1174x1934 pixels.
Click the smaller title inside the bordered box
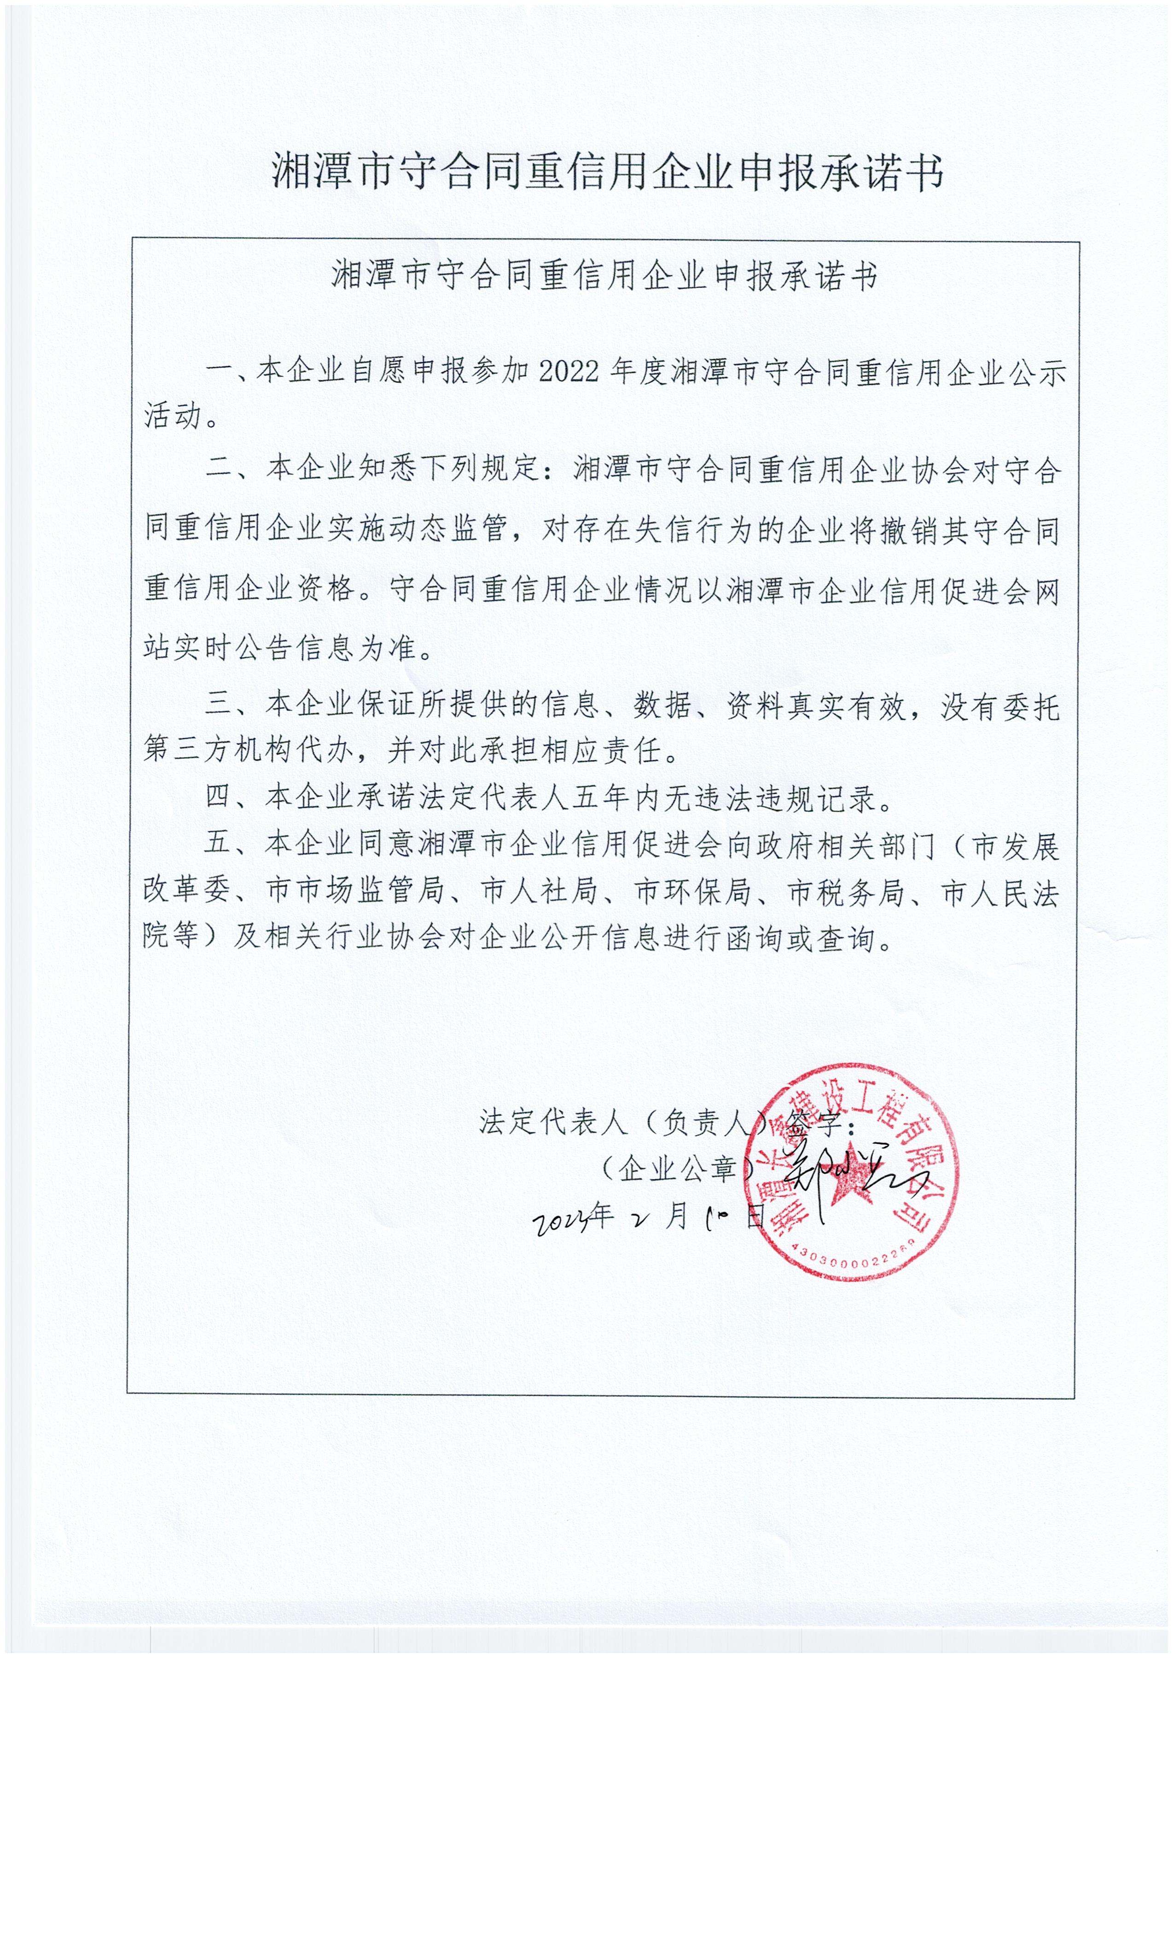click(x=604, y=276)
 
